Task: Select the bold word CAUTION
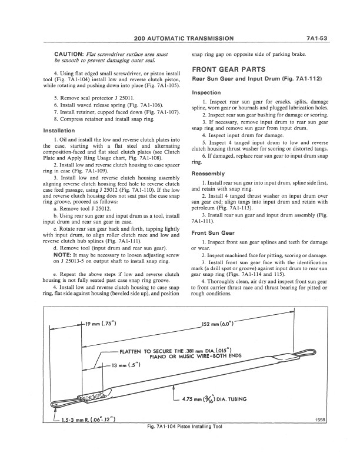(x=64, y=54)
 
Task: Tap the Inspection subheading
(x=206, y=92)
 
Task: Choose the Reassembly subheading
(x=209, y=174)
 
